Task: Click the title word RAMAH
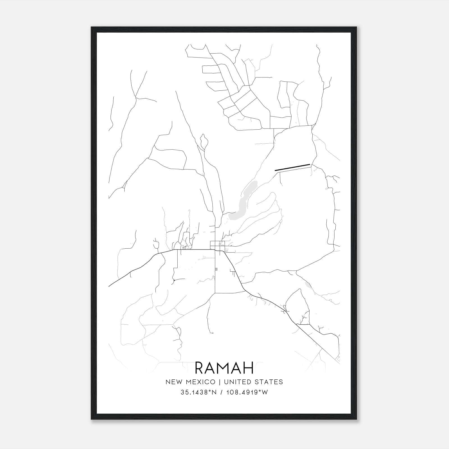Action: [224, 368]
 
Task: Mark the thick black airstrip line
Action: [292, 167]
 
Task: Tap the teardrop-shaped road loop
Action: [204, 142]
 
